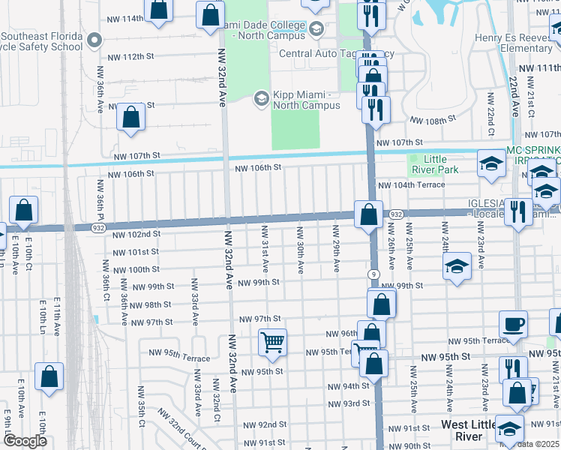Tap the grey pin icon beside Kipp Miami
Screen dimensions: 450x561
(x=261, y=98)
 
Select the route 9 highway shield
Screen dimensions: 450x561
(x=373, y=274)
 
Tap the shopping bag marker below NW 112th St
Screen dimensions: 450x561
(x=131, y=118)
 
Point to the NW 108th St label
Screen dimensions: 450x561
(x=433, y=119)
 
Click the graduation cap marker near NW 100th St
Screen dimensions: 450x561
(x=456, y=266)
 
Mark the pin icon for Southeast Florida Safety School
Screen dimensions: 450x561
(x=94, y=38)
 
